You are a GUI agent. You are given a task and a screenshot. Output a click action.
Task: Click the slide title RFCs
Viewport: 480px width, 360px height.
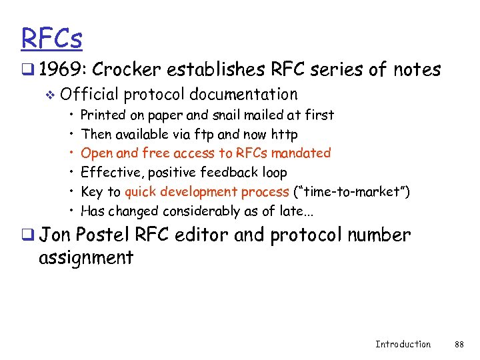coord(52,38)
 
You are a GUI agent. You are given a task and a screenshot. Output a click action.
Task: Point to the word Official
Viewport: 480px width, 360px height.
coord(93,95)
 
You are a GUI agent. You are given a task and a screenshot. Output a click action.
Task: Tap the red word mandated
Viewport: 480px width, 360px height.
coord(303,153)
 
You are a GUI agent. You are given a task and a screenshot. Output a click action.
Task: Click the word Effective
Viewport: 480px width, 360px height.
coord(111,173)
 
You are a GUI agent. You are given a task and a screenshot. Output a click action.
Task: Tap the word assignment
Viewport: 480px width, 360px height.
coord(86,257)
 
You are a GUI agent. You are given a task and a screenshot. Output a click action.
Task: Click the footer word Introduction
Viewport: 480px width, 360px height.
coord(403,344)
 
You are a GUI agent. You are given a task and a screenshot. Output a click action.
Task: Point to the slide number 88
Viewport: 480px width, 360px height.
coord(459,344)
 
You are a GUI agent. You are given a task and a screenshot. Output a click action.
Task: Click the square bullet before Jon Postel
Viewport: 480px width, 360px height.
coord(27,236)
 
